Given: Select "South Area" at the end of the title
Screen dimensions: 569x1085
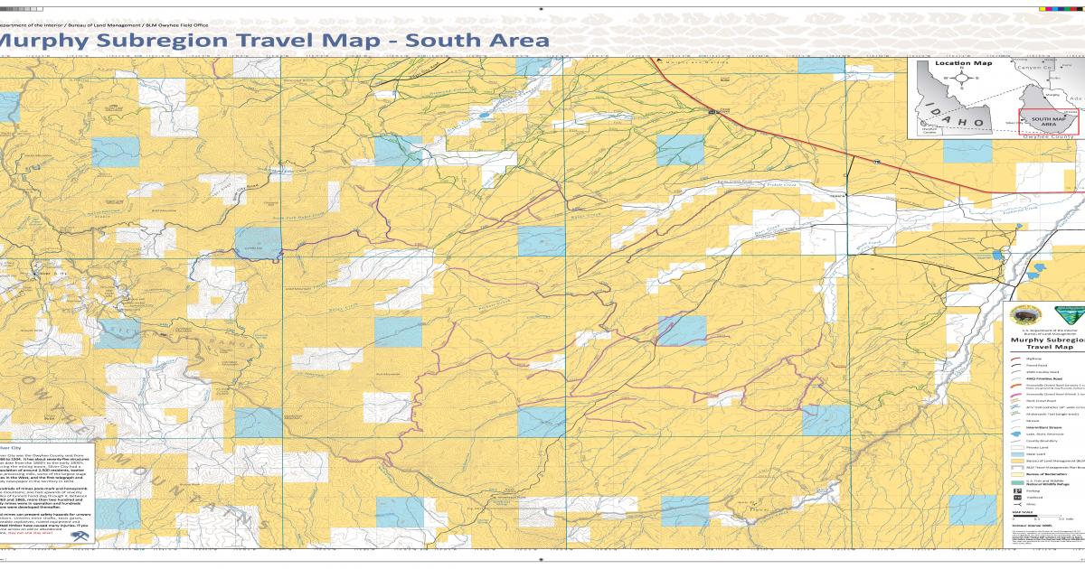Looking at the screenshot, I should tap(476, 41).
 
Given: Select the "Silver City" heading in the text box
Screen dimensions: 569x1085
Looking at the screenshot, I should tap(11, 447).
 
